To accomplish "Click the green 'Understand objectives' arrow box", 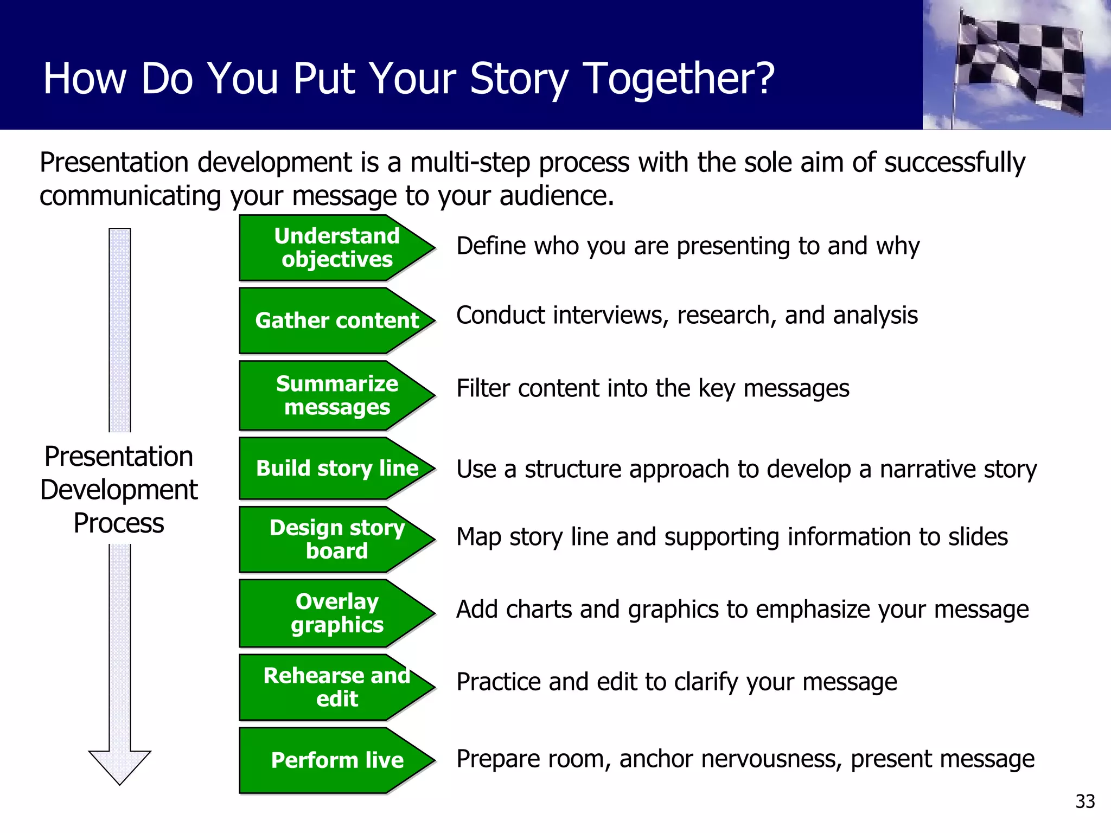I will [x=336, y=248].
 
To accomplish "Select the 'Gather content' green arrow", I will [x=336, y=321].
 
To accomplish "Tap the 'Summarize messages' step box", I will [x=336, y=395].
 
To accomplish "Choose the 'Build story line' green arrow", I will [x=336, y=468].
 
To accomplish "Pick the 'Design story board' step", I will [x=336, y=539].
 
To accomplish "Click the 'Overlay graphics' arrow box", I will [x=336, y=613].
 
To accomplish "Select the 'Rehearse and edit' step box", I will [x=336, y=687].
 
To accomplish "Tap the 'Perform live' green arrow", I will [x=336, y=760].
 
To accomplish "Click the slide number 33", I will [x=1085, y=801].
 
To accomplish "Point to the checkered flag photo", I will [x=1017, y=65].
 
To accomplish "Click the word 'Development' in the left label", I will [x=119, y=490].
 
